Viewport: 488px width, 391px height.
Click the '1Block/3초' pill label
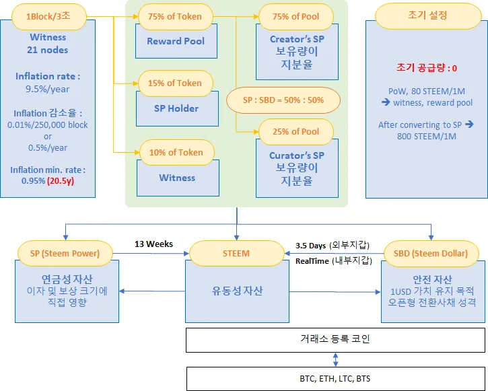coord(49,16)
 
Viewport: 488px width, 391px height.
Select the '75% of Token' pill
coord(176,16)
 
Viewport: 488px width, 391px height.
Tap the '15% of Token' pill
coord(176,83)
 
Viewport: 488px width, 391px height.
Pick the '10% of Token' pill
coord(177,152)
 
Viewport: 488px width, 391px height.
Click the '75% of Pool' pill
coord(296,16)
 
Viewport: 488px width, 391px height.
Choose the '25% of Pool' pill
coord(296,132)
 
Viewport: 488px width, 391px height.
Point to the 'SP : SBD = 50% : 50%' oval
coord(283,100)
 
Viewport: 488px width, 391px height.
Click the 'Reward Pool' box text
coord(176,41)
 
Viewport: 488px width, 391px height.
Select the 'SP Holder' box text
coord(176,108)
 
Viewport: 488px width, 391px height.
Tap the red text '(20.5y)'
coord(61,181)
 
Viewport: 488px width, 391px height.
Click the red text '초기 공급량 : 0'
coord(427,68)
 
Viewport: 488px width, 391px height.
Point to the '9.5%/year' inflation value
coord(48,90)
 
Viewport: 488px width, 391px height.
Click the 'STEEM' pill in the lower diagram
coord(236,253)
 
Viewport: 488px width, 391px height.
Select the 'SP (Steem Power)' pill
coord(65,253)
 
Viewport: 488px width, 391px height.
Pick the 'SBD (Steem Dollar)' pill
coord(431,254)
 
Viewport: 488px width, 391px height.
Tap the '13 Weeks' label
coord(153,244)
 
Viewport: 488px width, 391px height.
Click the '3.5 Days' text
coord(310,246)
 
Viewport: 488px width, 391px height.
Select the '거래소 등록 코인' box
coord(335,340)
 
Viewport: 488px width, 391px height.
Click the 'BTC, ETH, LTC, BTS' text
coord(335,379)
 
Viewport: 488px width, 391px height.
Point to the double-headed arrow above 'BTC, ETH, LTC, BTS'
coord(335,359)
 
